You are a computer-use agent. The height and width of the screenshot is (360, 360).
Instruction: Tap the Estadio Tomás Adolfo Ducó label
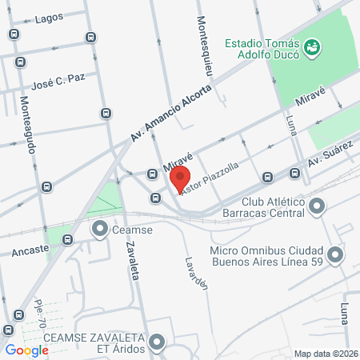click(262, 49)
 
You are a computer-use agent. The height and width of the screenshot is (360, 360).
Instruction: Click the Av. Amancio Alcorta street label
click(171, 113)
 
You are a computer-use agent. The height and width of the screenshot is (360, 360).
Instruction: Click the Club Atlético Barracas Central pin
click(318, 208)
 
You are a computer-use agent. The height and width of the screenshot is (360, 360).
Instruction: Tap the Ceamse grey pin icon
click(101, 230)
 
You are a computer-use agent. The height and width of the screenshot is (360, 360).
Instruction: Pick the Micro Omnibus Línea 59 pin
click(334, 255)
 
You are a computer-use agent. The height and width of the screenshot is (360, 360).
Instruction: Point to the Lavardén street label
click(196, 273)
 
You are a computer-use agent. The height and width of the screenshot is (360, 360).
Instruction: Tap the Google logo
click(26, 349)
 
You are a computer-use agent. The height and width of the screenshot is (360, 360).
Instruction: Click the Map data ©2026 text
click(326, 354)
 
